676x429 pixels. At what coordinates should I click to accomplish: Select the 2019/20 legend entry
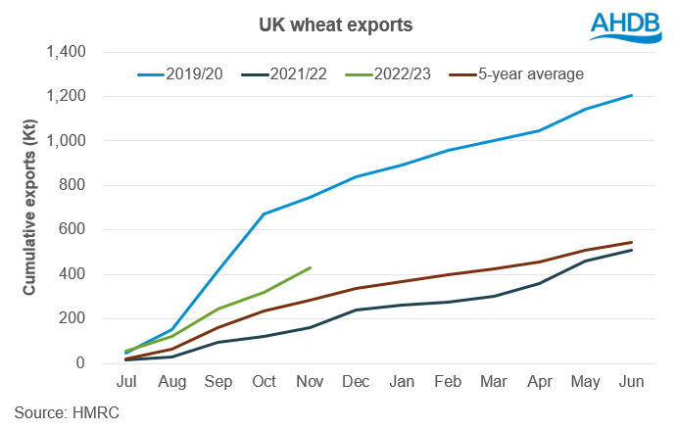click(186, 72)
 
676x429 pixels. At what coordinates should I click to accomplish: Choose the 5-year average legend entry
click(524, 72)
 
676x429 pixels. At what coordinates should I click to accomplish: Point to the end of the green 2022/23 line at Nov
click(311, 267)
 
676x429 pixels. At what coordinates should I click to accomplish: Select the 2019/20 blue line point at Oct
click(265, 214)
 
